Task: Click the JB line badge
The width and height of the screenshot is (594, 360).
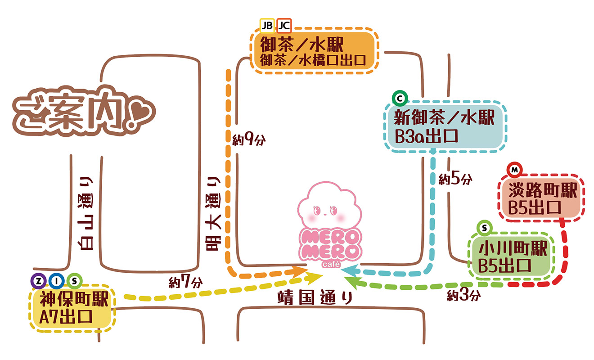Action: (267, 25)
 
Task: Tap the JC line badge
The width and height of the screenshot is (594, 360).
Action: (284, 25)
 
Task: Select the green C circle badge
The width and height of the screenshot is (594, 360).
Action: (399, 97)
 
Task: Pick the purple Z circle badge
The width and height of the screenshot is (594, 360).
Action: (39, 281)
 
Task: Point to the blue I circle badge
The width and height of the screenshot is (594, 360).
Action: (57, 281)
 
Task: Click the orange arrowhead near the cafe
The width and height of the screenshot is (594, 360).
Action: (298, 271)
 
